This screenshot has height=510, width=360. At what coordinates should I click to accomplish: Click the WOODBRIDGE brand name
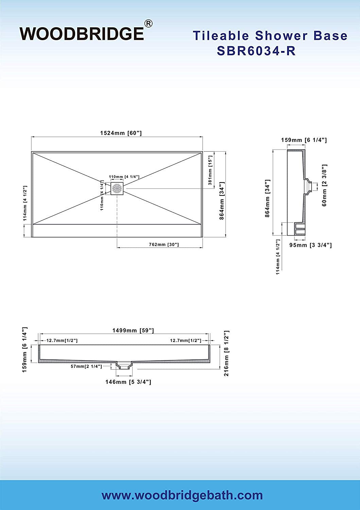(82, 34)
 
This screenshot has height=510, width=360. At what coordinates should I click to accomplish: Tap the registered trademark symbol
(149, 24)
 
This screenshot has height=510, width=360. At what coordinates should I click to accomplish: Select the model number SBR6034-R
(256, 51)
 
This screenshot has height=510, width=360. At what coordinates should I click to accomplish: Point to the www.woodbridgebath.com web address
(182, 495)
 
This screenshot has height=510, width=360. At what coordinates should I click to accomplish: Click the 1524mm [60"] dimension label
(121, 133)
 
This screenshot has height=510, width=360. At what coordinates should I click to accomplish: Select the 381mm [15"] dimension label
(210, 170)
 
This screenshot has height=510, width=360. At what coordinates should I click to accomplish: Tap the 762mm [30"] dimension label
(164, 244)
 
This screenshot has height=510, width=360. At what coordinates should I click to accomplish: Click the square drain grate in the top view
(117, 188)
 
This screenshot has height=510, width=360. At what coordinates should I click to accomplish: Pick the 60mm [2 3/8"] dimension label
(324, 185)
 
